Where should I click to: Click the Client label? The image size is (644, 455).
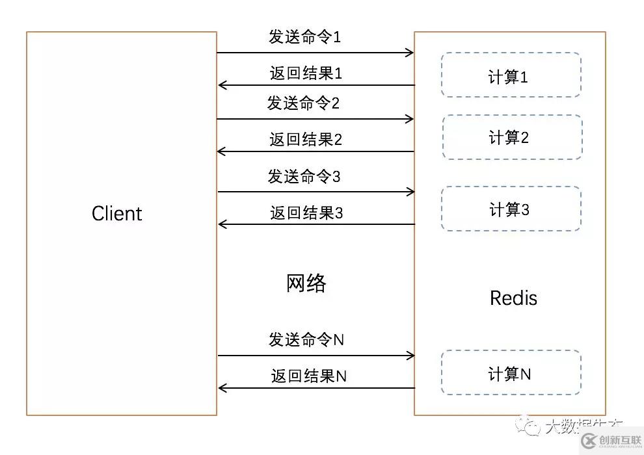tap(117, 213)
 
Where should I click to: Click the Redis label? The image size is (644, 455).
tap(513, 298)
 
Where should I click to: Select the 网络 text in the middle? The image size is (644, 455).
tap(306, 283)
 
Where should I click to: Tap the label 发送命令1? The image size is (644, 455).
tap(304, 36)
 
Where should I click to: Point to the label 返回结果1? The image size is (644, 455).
tap(306, 73)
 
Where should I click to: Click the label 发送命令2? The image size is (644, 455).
tap(303, 103)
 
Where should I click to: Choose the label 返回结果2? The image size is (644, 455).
tap(306, 139)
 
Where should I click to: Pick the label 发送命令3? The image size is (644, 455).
tap(304, 175)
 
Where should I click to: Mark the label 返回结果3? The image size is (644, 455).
tap(306, 212)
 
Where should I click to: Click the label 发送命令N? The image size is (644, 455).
tap(306, 339)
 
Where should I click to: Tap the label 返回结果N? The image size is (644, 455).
tap(309, 376)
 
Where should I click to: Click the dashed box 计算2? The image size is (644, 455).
tap(512, 137)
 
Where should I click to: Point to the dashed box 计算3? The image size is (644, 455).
tap(511, 209)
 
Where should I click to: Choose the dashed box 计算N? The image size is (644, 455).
tap(511, 374)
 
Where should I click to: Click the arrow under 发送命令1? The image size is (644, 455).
tap(315, 53)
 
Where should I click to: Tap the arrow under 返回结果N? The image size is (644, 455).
tap(316, 389)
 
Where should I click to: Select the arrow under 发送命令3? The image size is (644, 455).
tap(316, 192)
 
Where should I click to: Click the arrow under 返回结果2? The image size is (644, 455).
tap(315, 151)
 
